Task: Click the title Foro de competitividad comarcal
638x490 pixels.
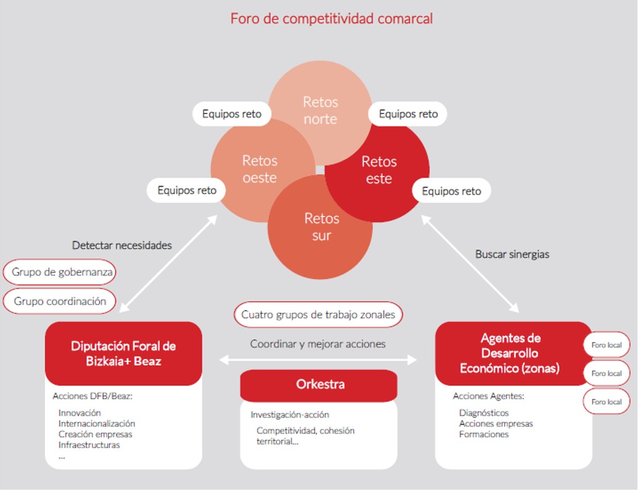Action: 331,18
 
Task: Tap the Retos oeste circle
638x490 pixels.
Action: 259,169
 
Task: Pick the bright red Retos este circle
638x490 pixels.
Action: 379,170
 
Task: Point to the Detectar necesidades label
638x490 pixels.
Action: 122,245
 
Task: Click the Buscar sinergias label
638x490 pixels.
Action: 512,254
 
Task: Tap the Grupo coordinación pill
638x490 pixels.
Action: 59,301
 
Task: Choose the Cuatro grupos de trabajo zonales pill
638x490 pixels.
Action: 318,314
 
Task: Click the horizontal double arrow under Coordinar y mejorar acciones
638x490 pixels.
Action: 318,360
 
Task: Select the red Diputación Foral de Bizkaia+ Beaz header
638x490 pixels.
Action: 124,353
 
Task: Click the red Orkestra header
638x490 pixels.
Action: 318,385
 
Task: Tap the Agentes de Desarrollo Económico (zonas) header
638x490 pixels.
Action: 510,353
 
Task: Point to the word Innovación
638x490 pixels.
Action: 80,412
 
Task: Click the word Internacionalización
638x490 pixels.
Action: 96,424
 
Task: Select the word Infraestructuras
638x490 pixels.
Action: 89,445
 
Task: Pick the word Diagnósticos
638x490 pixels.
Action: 483,412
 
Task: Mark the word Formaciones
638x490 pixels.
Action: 483,434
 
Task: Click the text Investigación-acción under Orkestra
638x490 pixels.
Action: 290,414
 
